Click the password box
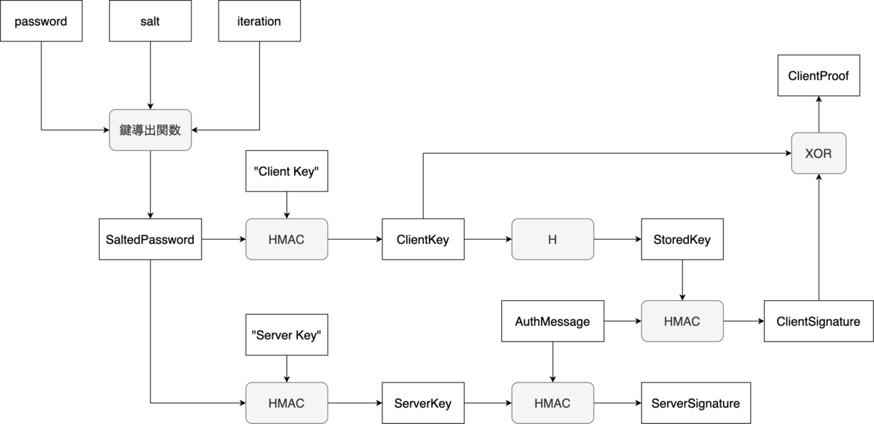tap(41, 21)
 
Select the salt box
tap(150, 21)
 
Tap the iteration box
tap(259, 21)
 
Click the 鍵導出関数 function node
tap(150, 130)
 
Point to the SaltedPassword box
tap(150, 239)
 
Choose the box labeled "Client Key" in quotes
tap(286, 171)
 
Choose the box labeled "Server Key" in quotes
tap(286, 334)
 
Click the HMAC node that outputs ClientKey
tap(286, 239)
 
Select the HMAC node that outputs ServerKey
tap(286, 403)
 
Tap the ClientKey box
tap(423, 239)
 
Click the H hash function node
tap(552, 239)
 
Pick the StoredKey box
tap(682, 239)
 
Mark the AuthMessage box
tap(552, 321)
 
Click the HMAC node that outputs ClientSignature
tap(682, 321)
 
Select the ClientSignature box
tap(819, 321)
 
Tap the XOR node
tap(819, 153)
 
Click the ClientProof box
tap(819, 76)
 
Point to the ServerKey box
tap(423, 403)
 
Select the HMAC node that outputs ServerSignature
tap(552, 403)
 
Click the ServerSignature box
tap(696, 403)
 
